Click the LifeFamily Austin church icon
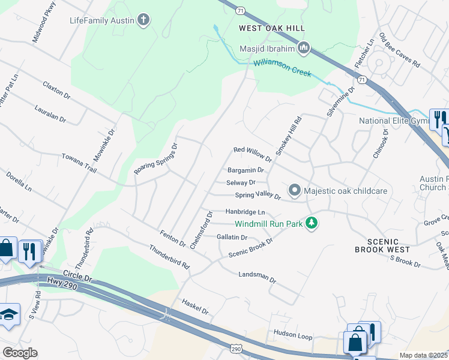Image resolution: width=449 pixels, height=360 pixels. click(x=143, y=20)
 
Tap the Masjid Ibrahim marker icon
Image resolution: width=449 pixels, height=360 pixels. click(x=304, y=47)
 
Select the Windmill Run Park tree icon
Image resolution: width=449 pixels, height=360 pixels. click(x=311, y=223)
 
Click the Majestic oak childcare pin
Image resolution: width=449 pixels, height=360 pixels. click(x=294, y=191)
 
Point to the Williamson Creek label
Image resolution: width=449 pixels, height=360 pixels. click(x=282, y=67)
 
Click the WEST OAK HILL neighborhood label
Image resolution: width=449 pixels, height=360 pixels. click(x=272, y=28)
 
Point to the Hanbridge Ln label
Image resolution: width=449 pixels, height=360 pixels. click(x=245, y=212)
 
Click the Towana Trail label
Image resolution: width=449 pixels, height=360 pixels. click(x=79, y=163)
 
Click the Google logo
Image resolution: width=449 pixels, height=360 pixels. click(x=19, y=353)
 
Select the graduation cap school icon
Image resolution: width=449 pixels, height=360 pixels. click(x=8, y=315)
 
